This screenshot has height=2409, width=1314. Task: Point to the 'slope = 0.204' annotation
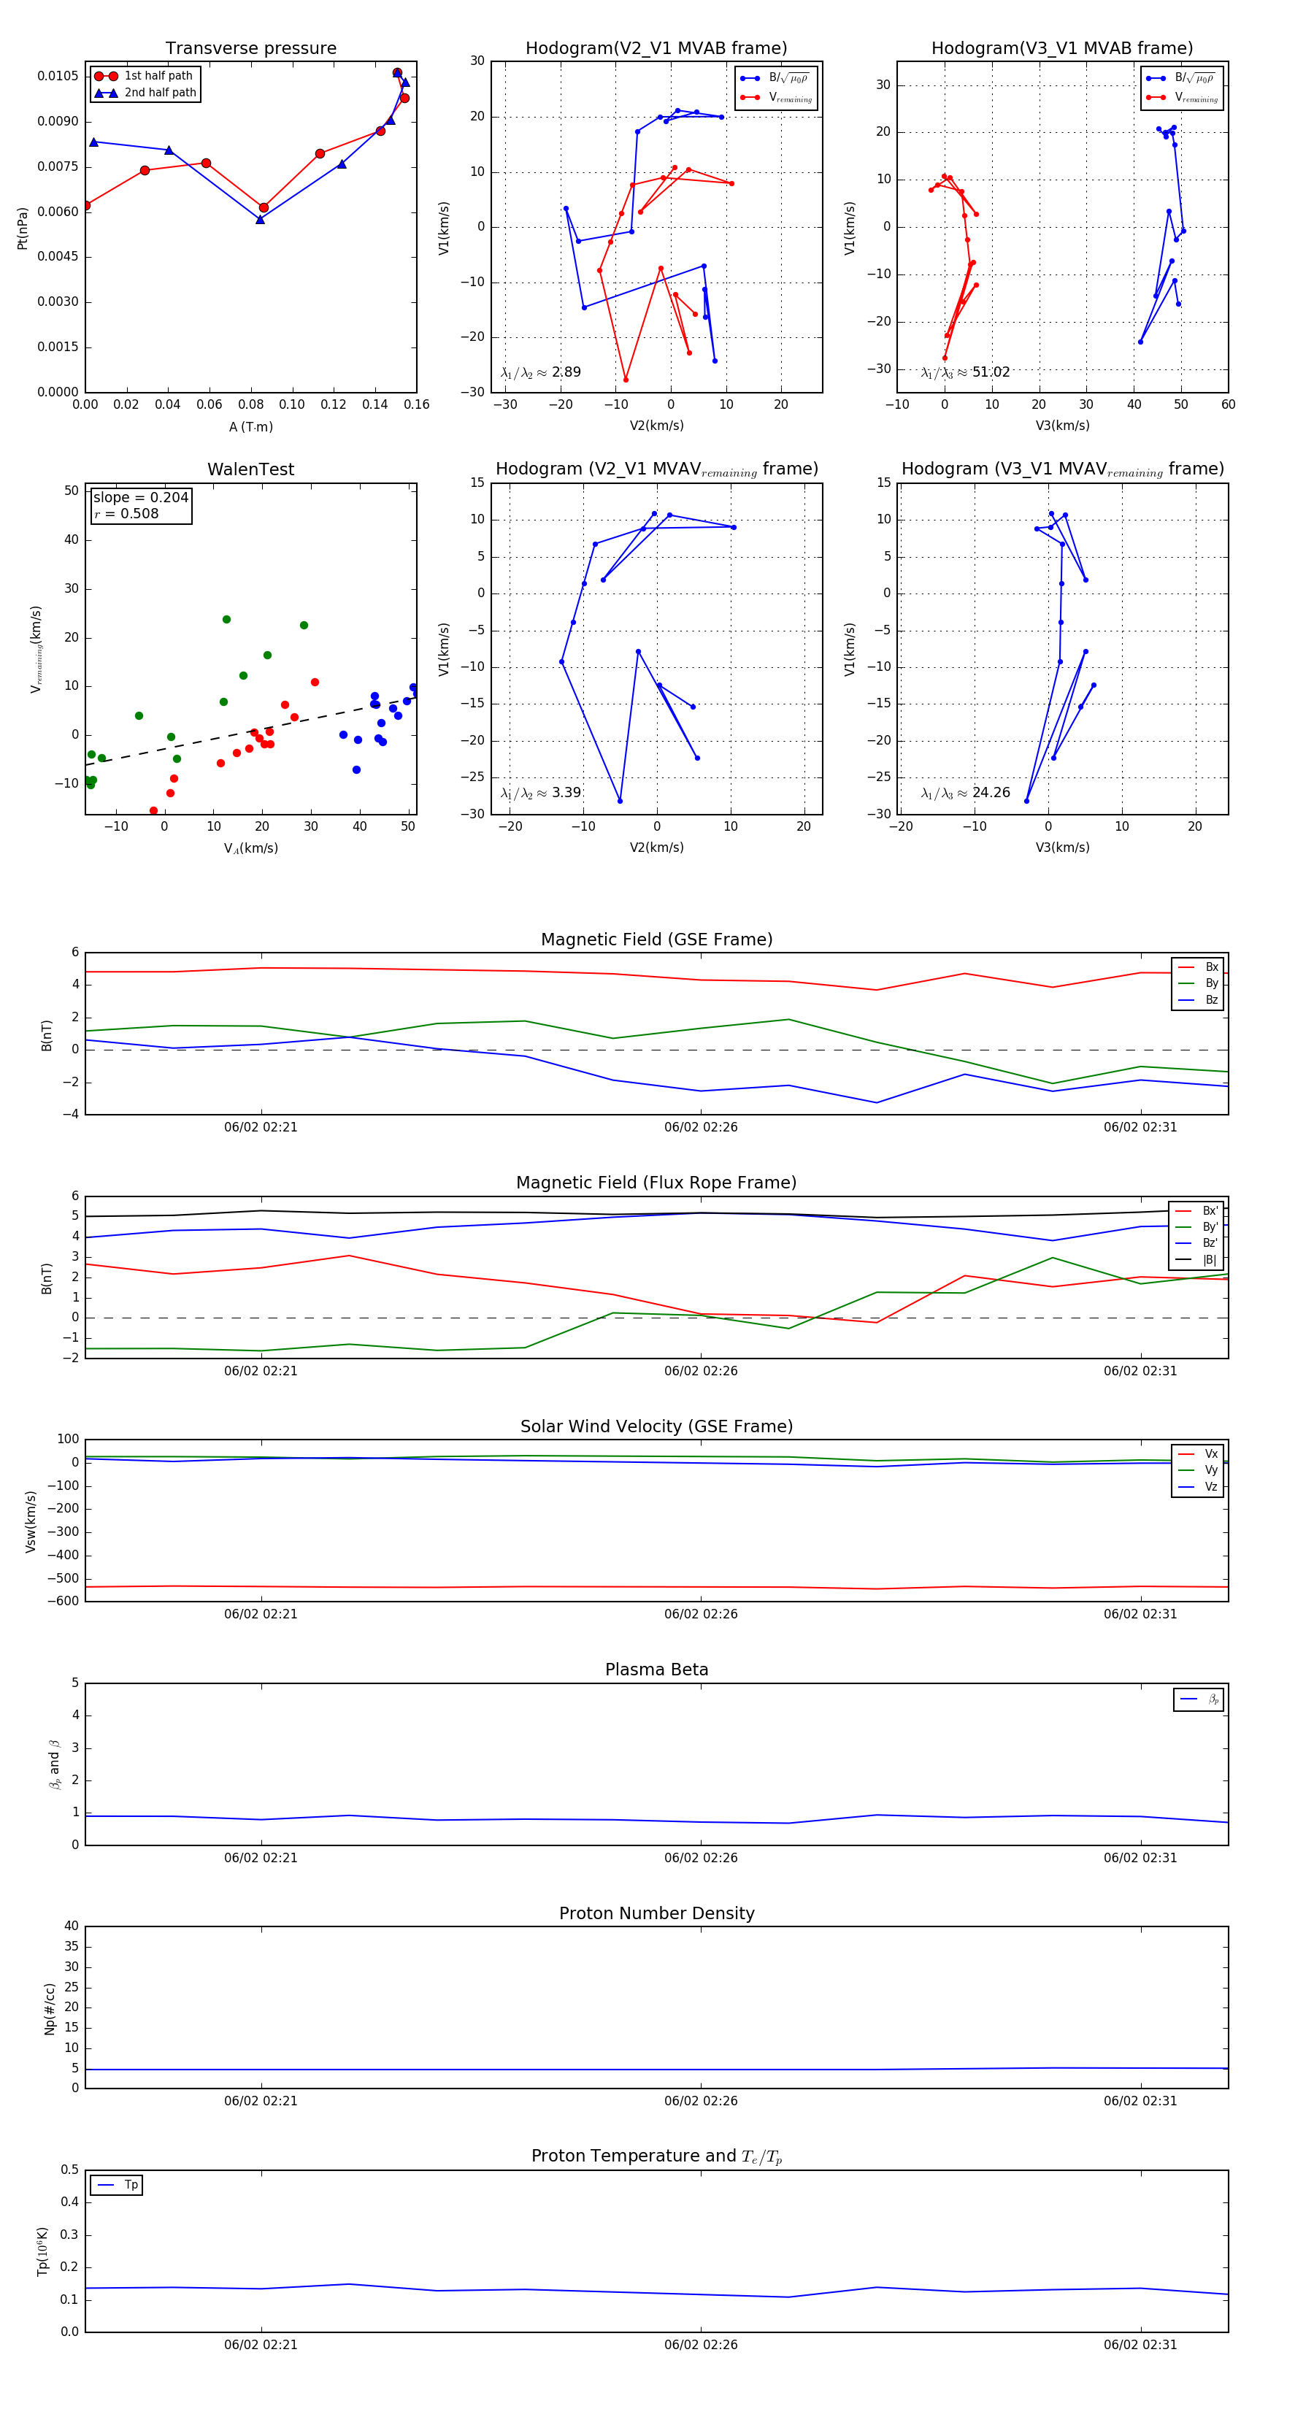(140, 498)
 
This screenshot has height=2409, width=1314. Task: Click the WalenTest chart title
(250, 469)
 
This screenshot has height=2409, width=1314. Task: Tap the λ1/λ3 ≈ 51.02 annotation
(965, 372)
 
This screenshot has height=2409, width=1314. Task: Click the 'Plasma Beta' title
(656, 1670)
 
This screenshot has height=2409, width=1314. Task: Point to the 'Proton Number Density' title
(656, 1913)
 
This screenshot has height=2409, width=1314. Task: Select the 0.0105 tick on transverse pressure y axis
(58, 76)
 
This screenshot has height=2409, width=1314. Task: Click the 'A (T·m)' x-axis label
(250, 427)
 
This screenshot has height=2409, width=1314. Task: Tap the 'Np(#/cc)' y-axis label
(50, 2009)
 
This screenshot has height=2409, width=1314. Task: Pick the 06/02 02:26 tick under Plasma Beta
(701, 1858)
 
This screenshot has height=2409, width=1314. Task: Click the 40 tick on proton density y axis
(71, 1926)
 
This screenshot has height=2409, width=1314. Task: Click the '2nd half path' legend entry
(160, 93)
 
